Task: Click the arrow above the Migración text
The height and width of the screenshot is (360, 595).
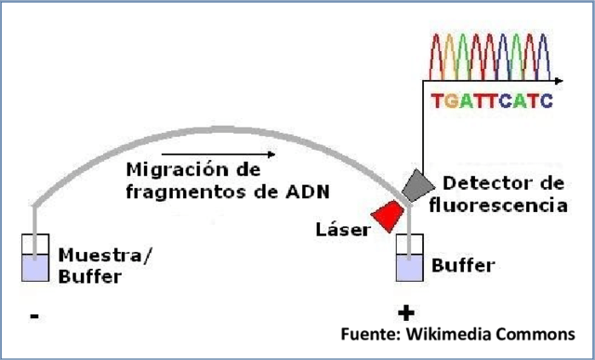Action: (x=218, y=154)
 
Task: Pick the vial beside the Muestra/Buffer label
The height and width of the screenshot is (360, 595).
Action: (x=34, y=260)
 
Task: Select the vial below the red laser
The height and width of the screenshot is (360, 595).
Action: (x=408, y=260)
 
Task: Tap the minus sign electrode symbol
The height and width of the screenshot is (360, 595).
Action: (x=33, y=316)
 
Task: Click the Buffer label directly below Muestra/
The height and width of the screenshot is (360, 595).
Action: (x=89, y=276)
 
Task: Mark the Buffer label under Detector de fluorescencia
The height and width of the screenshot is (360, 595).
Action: (x=464, y=266)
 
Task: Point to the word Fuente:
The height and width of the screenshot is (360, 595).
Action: (x=366, y=335)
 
